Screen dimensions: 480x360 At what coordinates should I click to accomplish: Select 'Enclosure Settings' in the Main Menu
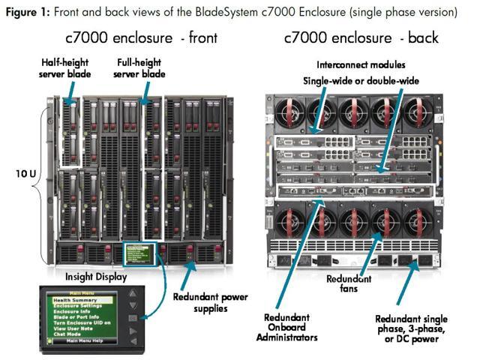tap(80, 305)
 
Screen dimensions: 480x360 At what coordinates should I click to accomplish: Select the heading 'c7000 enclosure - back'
tap(361, 37)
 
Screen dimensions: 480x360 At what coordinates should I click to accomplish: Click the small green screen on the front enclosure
tap(141, 252)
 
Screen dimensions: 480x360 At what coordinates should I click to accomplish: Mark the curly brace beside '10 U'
tap(46, 173)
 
